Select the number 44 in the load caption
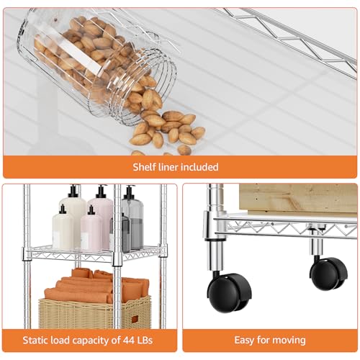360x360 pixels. [130, 340]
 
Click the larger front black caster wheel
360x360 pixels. [229, 293]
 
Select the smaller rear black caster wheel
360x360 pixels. [328, 274]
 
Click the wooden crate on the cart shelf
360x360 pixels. [298, 199]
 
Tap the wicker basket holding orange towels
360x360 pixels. [95, 312]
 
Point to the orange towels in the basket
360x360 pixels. [96, 286]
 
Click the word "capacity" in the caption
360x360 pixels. [94, 341]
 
